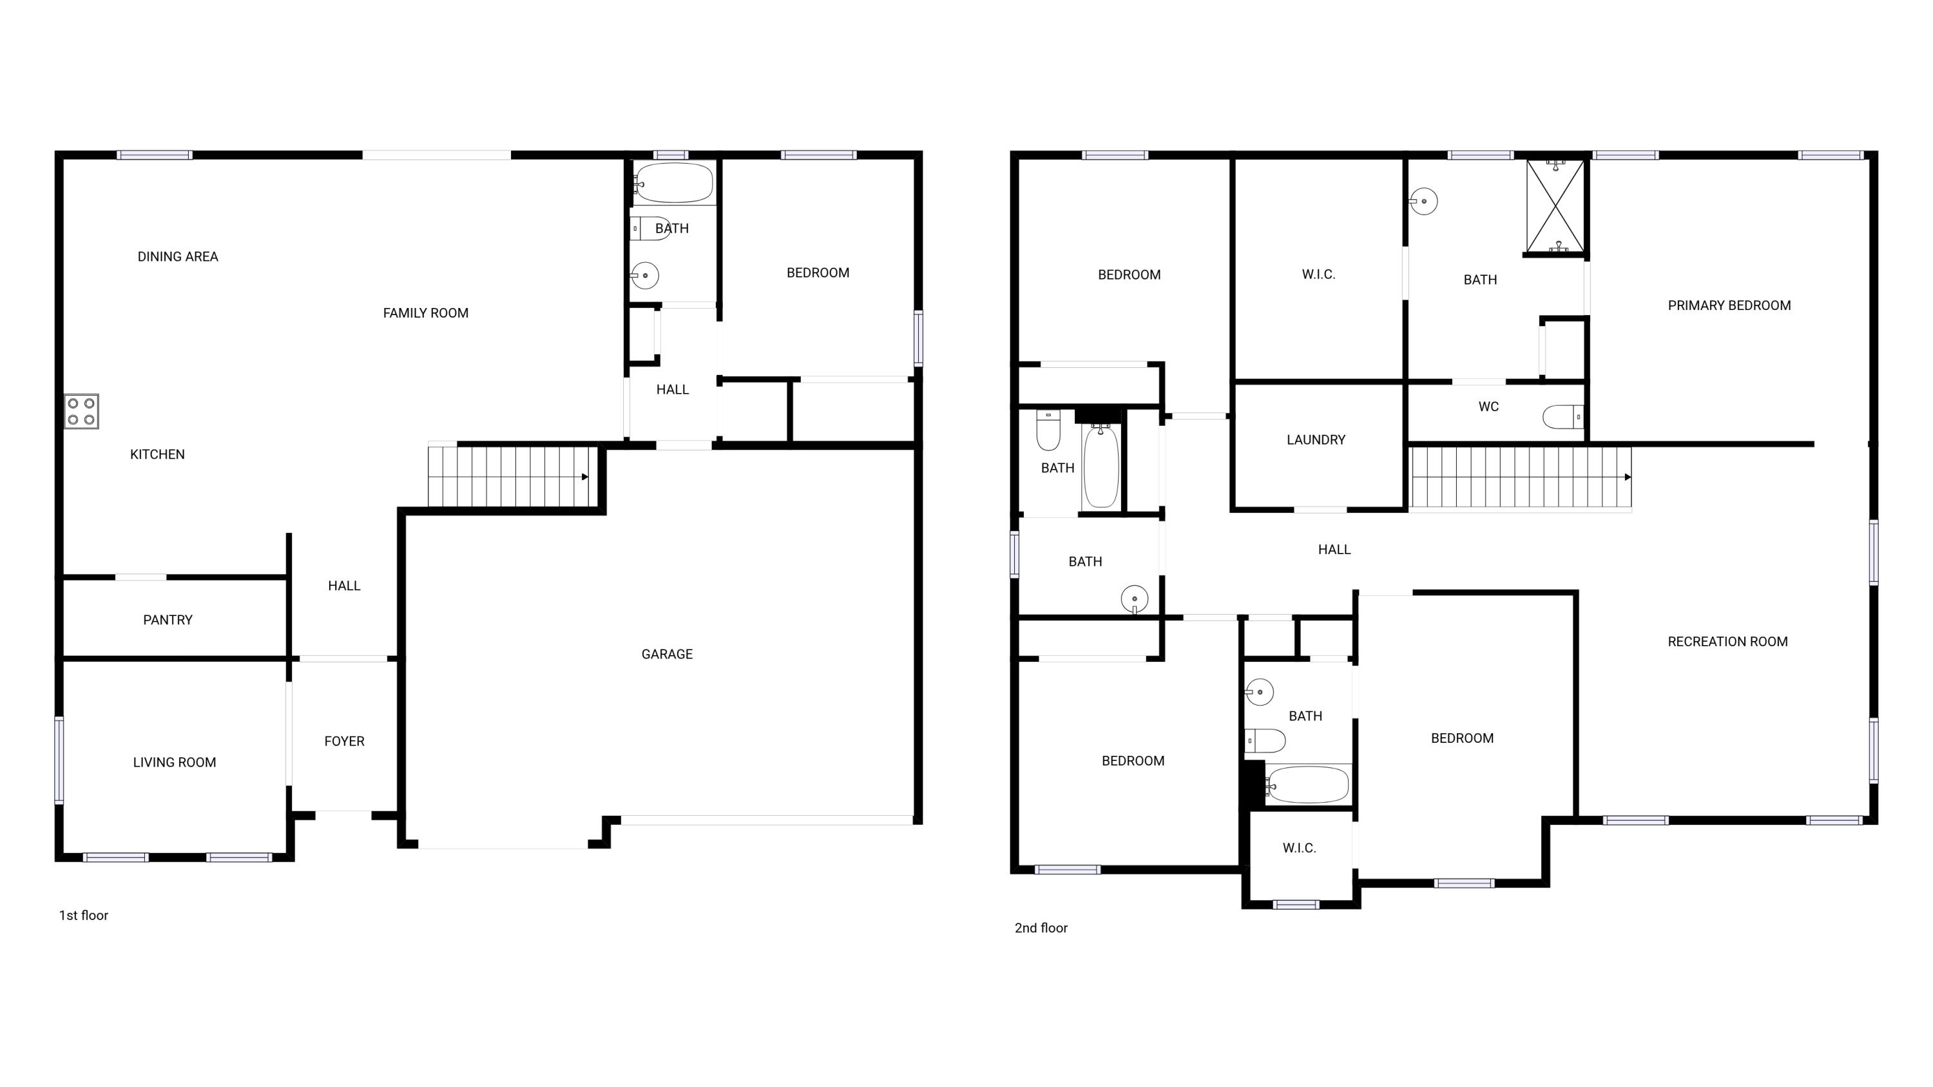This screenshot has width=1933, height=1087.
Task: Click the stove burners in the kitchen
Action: (81, 411)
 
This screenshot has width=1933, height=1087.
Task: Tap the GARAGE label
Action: (666, 654)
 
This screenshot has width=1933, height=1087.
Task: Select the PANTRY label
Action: (168, 620)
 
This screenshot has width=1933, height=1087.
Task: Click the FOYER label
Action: (343, 741)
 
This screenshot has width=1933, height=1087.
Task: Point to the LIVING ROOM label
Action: (174, 762)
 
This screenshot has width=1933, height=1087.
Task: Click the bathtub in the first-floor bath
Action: (673, 182)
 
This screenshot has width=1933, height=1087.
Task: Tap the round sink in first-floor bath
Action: (644, 275)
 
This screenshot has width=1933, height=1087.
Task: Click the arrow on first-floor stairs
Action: (584, 477)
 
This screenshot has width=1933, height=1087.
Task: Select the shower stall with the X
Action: (1555, 206)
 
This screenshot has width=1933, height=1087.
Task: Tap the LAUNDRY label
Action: (1316, 439)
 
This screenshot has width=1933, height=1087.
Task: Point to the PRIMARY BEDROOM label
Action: (1729, 305)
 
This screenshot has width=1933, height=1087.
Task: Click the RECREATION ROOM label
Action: (1727, 641)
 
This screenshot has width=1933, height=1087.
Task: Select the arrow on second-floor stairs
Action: (1627, 477)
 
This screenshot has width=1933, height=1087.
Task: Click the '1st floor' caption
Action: (83, 915)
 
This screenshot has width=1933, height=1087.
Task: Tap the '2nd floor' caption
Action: (1041, 928)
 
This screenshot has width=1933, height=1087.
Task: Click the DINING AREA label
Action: (178, 256)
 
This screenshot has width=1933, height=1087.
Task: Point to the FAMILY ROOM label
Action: (425, 313)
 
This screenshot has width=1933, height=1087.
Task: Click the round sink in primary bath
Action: (1423, 201)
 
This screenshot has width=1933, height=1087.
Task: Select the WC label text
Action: (1488, 407)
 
